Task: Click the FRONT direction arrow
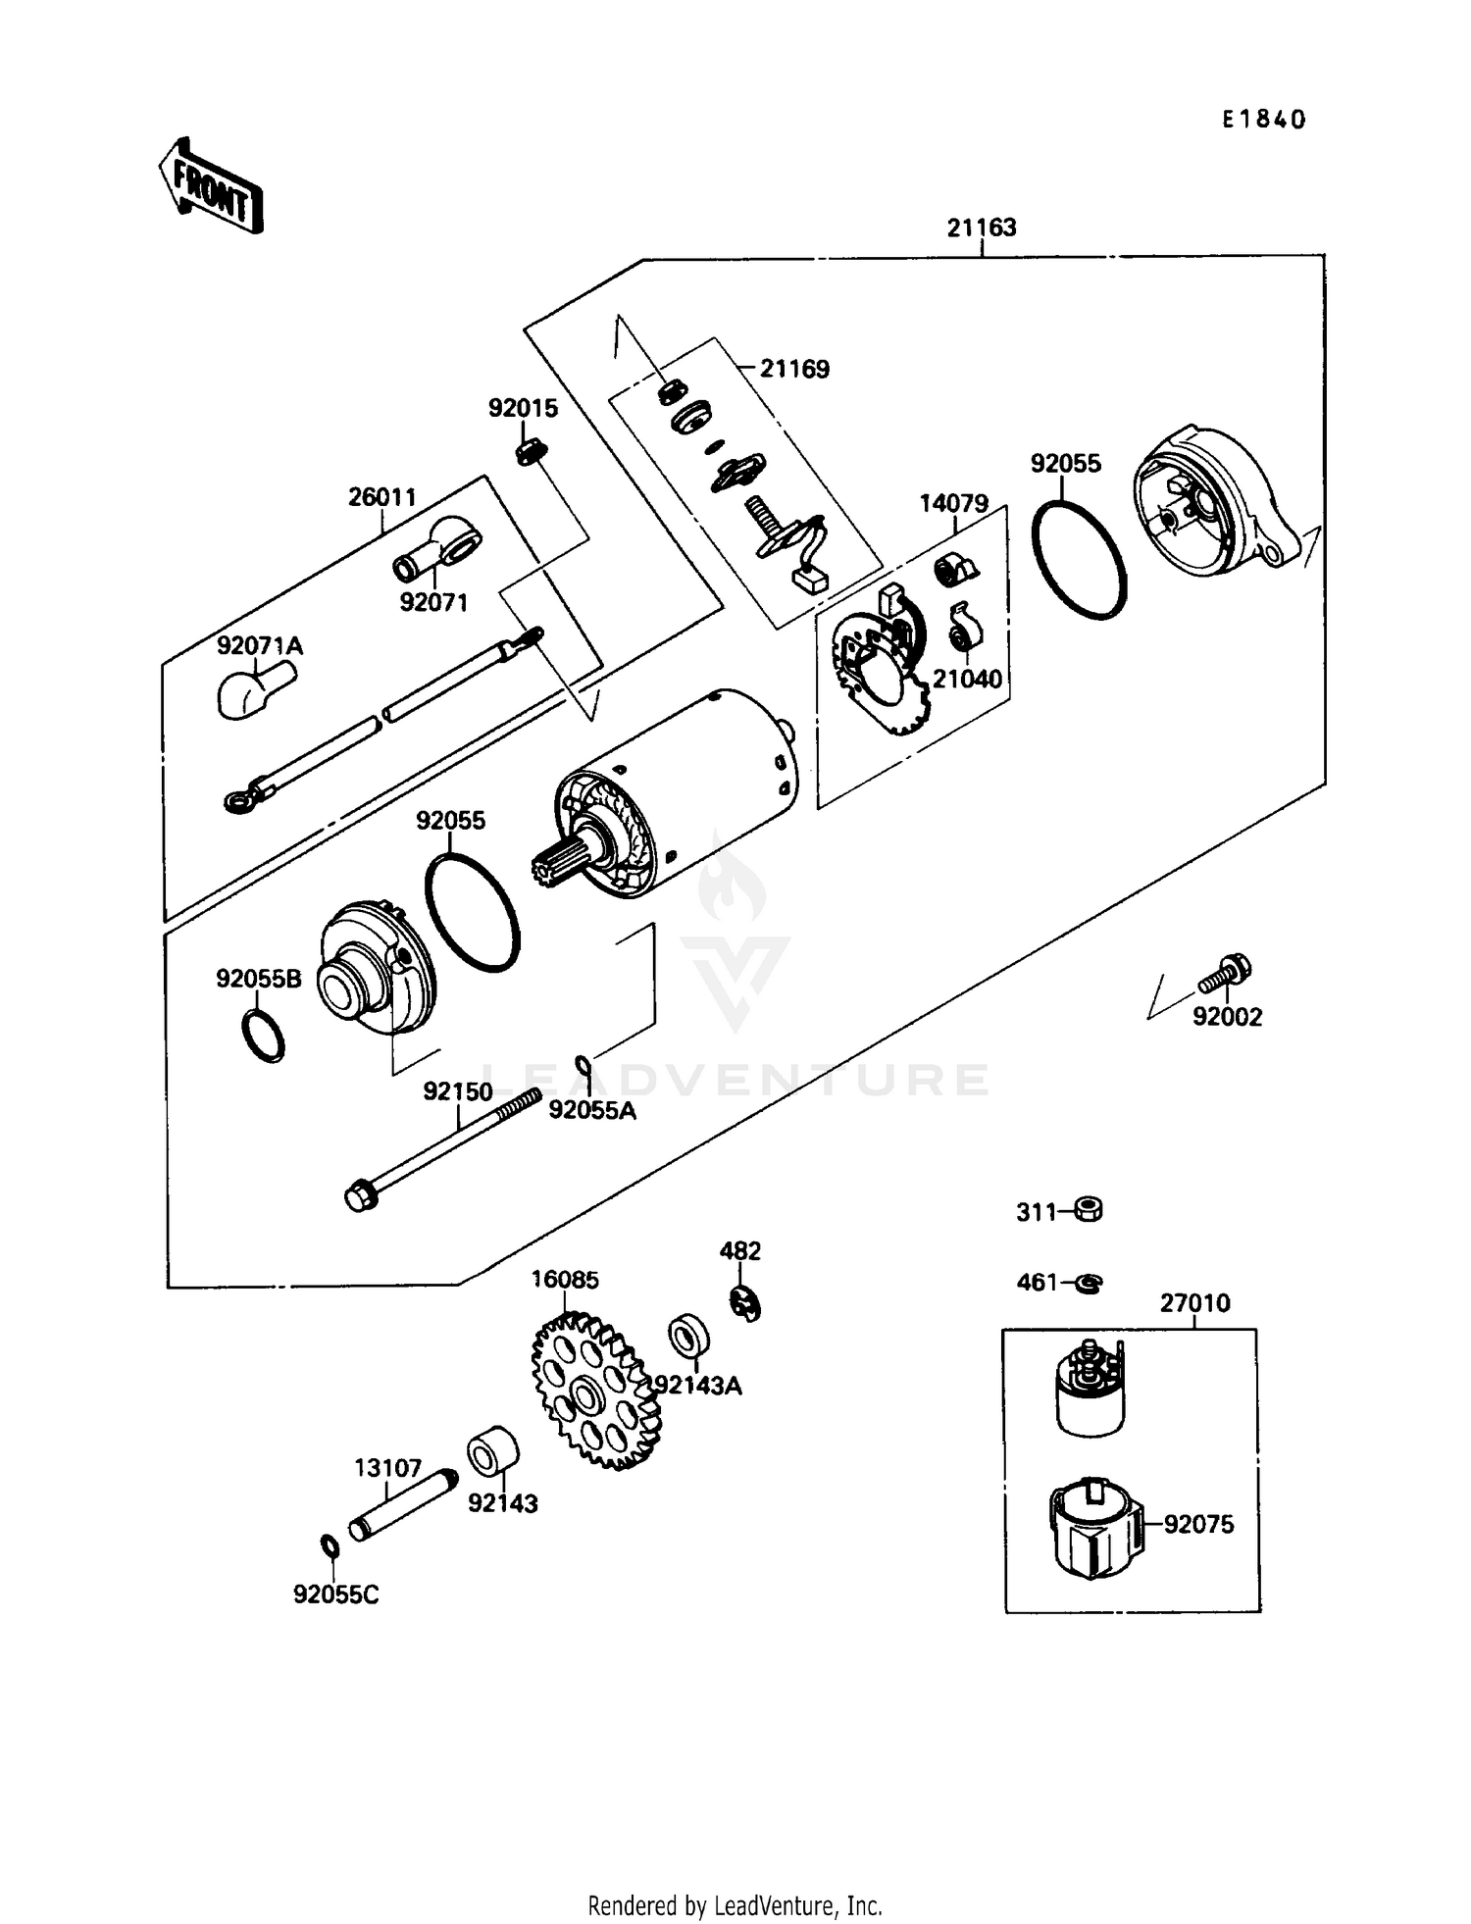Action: (211, 187)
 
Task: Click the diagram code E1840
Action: (1264, 120)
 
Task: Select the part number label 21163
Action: (981, 228)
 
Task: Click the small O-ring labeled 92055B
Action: (263, 1035)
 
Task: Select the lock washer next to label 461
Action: (1090, 1283)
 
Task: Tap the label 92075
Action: (1198, 1524)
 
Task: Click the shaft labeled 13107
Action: (403, 1505)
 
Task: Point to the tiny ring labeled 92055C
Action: (330, 1546)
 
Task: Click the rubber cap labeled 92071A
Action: (252, 688)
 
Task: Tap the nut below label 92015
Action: (531, 452)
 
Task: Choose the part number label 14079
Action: (953, 504)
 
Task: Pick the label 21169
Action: (794, 369)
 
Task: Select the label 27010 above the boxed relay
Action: (1193, 1303)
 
